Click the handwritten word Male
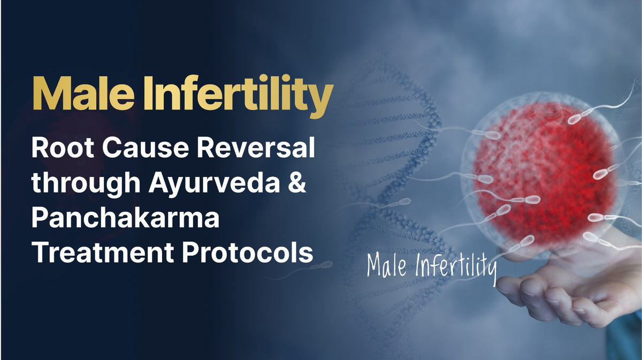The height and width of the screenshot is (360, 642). (388, 265)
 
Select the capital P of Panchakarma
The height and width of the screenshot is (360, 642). (41, 218)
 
